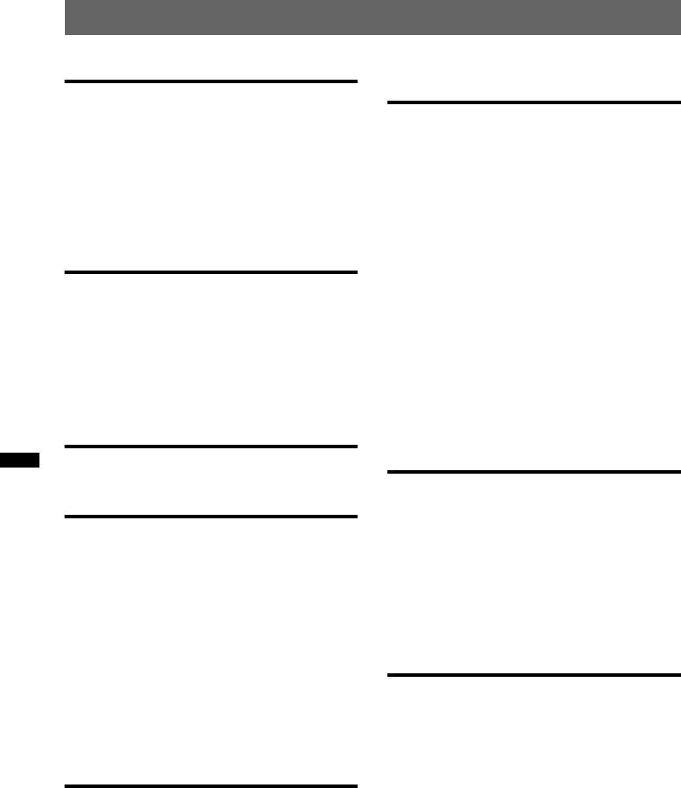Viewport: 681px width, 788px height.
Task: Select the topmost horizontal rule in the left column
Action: pyautogui.click(x=211, y=81)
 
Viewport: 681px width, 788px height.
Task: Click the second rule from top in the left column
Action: pyautogui.click(x=211, y=272)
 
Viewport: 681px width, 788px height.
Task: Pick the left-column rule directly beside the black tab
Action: pyautogui.click(x=211, y=447)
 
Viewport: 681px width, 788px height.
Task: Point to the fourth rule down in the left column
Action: pyautogui.click(x=211, y=517)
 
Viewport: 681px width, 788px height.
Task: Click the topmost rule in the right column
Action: pyautogui.click(x=533, y=103)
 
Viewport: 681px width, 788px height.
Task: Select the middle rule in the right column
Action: pyautogui.click(x=533, y=473)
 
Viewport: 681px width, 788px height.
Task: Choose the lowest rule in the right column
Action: pyautogui.click(x=533, y=674)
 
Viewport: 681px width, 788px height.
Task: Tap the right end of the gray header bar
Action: pyautogui.click(x=676, y=18)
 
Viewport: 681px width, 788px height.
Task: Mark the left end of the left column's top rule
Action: pyautogui.click(x=67, y=81)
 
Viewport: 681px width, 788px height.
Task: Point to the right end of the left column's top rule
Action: pyautogui.click(x=355, y=81)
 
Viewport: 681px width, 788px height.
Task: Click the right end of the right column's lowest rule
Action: pyautogui.click(x=677, y=674)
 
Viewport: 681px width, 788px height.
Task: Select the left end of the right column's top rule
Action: pyautogui.click(x=389, y=103)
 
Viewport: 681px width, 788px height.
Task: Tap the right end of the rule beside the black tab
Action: pyautogui.click(x=355, y=447)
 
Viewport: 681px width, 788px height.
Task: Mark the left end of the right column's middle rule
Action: pyautogui.click(x=389, y=473)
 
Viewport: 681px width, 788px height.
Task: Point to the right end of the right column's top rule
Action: pyautogui.click(x=677, y=103)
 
